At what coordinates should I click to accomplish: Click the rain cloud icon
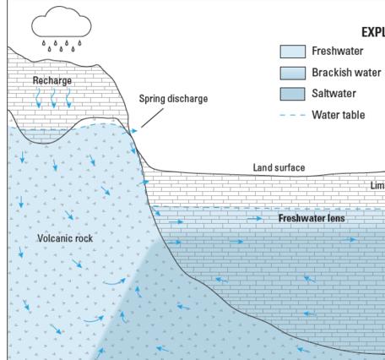coord(62,20)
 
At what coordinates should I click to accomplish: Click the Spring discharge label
coord(172,99)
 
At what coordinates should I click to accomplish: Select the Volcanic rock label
coord(65,238)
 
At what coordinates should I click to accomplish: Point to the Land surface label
coord(279,168)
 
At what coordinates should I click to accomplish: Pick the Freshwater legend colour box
coord(293,52)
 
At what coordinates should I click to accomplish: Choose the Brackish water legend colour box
coord(293,73)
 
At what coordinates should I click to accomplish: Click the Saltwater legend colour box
coord(293,94)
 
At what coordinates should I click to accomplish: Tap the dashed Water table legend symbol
coord(291,115)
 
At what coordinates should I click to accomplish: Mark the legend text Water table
coord(338,115)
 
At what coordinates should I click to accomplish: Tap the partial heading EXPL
coord(372,30)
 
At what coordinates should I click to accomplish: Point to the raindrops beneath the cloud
coord(62,43)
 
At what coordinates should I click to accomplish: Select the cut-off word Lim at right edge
coord(377,185)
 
